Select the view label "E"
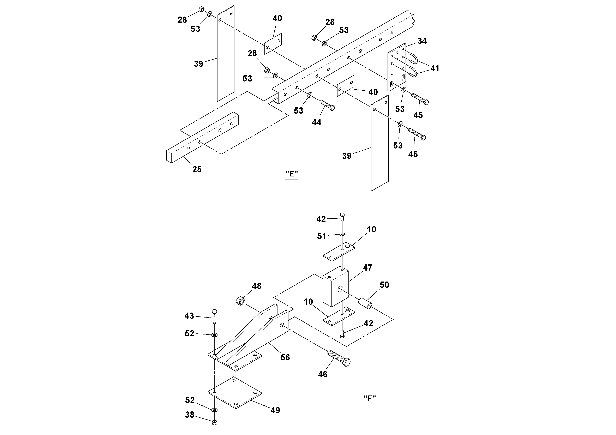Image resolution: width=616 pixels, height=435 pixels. tap(291, 174)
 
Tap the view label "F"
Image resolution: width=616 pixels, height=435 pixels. tap(370, 399)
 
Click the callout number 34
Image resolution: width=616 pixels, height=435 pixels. tap(422, 41)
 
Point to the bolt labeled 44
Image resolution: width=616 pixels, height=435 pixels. tap(327, 105)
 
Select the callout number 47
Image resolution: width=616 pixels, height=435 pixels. tap(367, 268)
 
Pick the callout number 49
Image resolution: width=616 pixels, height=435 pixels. tap(275, 410)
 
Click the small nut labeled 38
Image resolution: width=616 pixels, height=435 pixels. tap(214, 422)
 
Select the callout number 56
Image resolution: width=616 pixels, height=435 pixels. tap(285, 357)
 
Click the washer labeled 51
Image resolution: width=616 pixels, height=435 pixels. tap(342, 234)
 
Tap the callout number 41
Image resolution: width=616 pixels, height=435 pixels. tap(435, 69)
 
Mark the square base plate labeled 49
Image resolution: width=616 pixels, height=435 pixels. tap(235, 393)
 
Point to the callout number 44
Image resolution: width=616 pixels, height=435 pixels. tap(317, 122)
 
